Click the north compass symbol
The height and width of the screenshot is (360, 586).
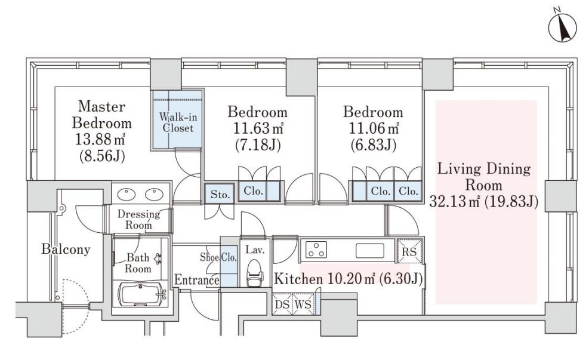pyautogui.click(x=562, y=27)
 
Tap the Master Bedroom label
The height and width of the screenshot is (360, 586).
pyautogui.click(x=101, y=115)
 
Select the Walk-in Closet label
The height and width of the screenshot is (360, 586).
pyautogui.click(x=178, y=122)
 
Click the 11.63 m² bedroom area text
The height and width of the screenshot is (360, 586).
pyautogui.click(x=258, y=128)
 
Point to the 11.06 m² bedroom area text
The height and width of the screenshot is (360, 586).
pyautogui.click(x=374, y=128)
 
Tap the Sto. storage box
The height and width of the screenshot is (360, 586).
pyautogui.click(x=220, y=193)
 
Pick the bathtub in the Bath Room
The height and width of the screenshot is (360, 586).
pyautogui.click(x=143, y=294)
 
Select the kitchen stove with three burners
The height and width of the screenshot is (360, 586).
pyautogui.click(x=316, y=250)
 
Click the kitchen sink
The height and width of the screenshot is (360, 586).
pyautogui.click(x=369, y=251)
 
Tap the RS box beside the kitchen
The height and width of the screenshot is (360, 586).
pyautogui.click(x=409, y=251)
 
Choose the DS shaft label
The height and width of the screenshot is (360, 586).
pyautogui.click(x=282, y=304)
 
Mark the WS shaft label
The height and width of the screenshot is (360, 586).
pyautogui.click(x=303, y=304)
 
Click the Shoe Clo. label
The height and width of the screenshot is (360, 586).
pyautogui.click(x=218, y=257)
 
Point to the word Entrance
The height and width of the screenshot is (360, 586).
pyautogui.click(x=197, y=279)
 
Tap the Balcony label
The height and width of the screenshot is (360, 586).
pyautogui.click(x=66, y=250)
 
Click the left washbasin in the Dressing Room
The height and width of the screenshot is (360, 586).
pyautogui.click(x=127, y=195)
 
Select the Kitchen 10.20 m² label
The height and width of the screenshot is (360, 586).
pyautogui.click(x=348, y=279)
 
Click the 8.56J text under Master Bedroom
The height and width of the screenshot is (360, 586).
pyautogui.click(x=101, y=156)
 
